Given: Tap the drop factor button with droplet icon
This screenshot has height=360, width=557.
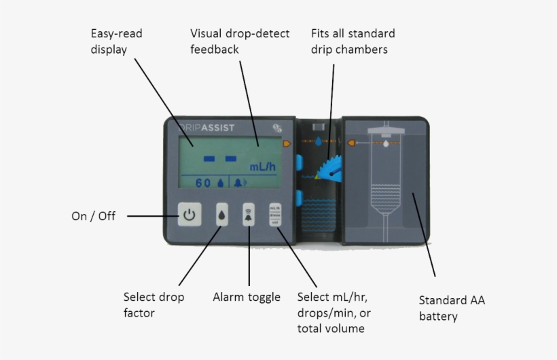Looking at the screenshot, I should tap(222, 215).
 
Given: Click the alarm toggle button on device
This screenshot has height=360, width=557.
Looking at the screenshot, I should tap(249, 215).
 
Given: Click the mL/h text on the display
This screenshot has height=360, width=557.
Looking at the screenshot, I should tap(262, 166).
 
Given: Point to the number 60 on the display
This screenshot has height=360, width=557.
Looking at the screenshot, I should tap(203, 183).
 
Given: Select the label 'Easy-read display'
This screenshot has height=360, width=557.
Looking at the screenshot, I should tap(117, 41).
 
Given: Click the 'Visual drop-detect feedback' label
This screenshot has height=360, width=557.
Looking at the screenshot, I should tap(240, 41).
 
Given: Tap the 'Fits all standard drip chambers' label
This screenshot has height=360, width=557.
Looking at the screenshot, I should tap(353, 41).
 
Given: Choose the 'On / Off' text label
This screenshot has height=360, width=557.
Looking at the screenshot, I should tap(94, 216).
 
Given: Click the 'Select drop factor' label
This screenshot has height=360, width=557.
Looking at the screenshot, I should tap(154, 305).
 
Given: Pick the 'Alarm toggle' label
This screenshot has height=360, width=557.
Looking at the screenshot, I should tap(247, 297).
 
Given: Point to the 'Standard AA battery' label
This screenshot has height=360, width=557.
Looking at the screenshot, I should tap(452, 308).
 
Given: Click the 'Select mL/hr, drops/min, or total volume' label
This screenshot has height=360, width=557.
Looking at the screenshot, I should tap(332, 312).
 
